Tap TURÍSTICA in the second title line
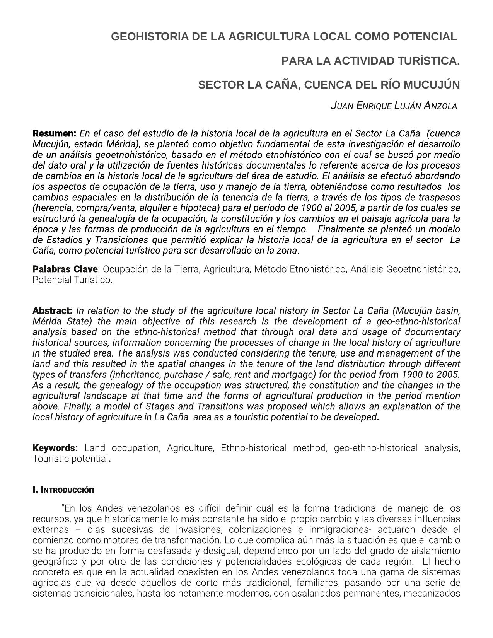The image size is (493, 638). pyautogui.click(x=429, y=61)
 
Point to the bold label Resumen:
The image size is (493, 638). pyautogui.click(x=55, y=134)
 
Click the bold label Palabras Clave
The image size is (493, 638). pyautogui.click(x=65, y=269)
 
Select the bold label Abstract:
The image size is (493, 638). pyautogui.click(x=53, y=311)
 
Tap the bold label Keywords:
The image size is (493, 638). pyautogui.click(x=55, y=448)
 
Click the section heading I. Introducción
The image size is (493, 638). pyautogui.click(x=63, y=490)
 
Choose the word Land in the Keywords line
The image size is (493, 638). pyautogui.click(x=94, y=448)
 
